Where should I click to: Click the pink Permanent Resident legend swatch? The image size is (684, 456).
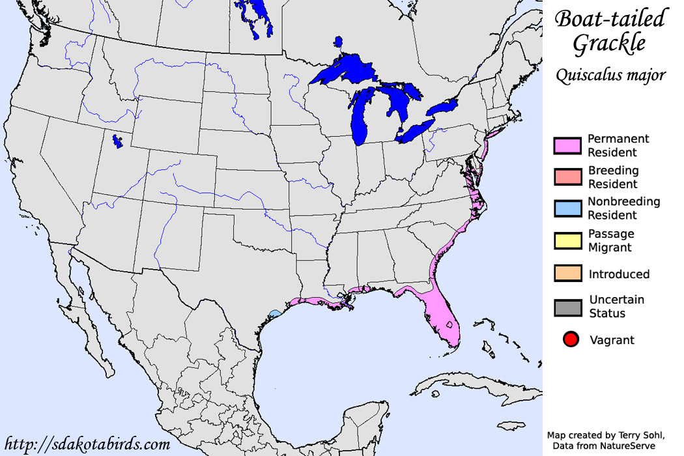pyautogui.click(x=566, y=146)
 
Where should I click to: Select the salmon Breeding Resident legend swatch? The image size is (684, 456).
pyautogui.click(x=566, y=177)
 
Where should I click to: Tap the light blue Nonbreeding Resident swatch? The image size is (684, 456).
pyautogui.click(x=566, y=208)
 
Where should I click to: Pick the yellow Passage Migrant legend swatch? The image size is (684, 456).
pyautogui.click(x=566, y=240)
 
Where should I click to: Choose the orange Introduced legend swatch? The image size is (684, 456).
pyautogui.click(x=566, y=274)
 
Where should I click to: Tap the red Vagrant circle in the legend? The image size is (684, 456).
pyautogui.click(x=571, y=339)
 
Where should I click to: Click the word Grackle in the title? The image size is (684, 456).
pyautogui.click(x=609, y=44)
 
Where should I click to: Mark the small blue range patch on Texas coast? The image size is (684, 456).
pyautogui.click(x=275, y=313)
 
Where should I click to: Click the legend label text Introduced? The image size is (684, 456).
pyautogui.click(x=618, y=274)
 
